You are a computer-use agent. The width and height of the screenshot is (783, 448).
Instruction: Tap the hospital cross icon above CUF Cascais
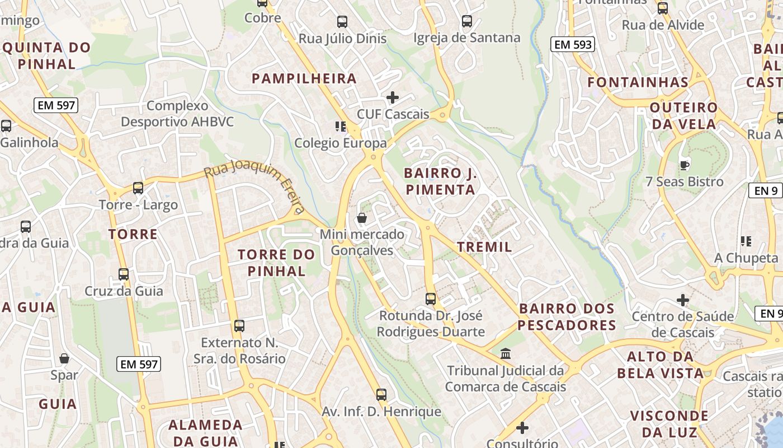click(x=393, y=97)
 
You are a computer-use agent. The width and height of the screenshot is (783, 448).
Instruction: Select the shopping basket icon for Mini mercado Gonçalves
click(x=362, y=217)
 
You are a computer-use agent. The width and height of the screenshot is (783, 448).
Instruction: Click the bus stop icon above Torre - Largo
click(x=138, y=188)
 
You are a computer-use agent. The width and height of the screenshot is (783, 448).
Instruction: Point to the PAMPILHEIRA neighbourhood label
click(x=304, y=78)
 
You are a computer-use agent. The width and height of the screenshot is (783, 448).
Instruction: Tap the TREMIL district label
click(x=484, y=247)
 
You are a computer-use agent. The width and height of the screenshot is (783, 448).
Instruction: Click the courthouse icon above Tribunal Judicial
click(x=506, y=353)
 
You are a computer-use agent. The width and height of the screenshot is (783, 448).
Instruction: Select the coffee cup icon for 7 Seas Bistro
click(x=684, y=165)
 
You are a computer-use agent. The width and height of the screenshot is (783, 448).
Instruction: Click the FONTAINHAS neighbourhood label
click(x=638, y=82)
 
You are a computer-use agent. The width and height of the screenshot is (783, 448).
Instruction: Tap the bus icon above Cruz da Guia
click(x=124, y=274)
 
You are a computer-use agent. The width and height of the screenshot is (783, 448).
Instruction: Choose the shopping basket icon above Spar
click(x=64, y=358)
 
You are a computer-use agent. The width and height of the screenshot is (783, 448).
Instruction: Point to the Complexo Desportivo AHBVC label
click(x=177, y=114)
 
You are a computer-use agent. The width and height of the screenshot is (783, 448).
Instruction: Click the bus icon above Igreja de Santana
click(x=467, y=21)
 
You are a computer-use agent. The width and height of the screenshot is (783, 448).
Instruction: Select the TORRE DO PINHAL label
click(x=276, y=263)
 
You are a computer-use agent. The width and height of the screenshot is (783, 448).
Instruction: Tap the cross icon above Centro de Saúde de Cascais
click(x=682, y=300)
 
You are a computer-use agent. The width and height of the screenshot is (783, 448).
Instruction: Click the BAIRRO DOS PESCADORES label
click(x=567, y=316)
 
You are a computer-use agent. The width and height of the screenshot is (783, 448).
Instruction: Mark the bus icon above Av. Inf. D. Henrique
click(x=381, y=395)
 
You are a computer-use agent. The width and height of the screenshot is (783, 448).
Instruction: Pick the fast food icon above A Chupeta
click(x=746, y=241)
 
